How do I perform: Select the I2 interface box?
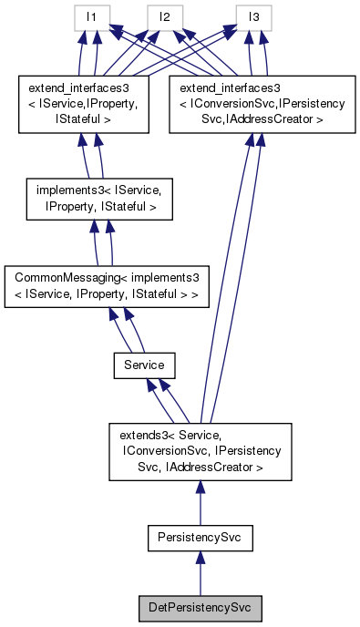tap(164, 17)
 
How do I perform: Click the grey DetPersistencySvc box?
tap(199, 605)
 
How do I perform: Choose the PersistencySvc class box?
tap(199, 539)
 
